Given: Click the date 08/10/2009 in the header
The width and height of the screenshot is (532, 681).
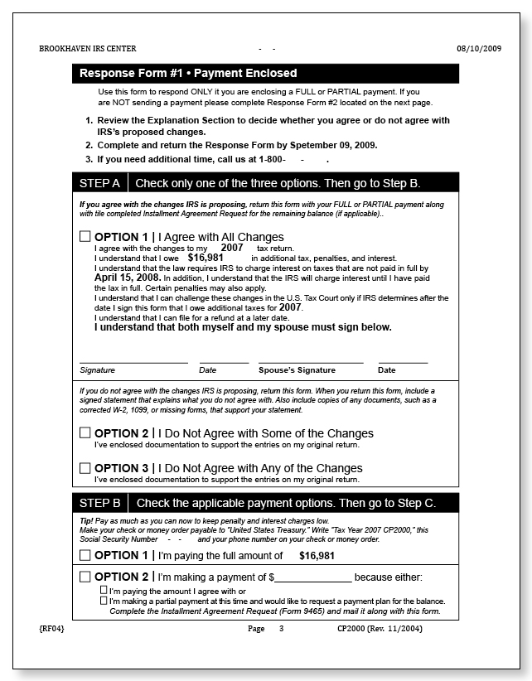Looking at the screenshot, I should (479, 49).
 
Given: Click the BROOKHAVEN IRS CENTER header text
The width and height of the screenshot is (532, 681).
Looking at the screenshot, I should (88, 49).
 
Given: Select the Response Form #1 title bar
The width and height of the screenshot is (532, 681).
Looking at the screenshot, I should (265, 74).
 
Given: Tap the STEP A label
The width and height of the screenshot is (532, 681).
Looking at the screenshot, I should (100, 182).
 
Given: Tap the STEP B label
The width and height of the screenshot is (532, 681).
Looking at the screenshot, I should (100, 503).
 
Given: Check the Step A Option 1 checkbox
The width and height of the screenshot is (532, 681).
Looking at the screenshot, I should (85, 237).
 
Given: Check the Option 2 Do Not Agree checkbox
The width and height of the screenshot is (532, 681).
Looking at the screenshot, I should (85, 432).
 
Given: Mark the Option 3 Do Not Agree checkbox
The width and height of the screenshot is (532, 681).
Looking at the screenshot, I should (85, 468).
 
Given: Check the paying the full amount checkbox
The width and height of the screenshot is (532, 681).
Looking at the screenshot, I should (85, 555).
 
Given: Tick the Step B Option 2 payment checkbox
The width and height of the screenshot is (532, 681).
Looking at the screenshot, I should (85, 577).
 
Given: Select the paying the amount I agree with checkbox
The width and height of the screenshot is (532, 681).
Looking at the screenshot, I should (104, 591).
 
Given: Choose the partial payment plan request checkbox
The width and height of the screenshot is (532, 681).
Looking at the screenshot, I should (104, 601).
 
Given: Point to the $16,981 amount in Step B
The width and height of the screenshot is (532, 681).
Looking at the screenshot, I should (317, 556).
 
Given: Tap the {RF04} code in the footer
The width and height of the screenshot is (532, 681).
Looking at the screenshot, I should (52, 630).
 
